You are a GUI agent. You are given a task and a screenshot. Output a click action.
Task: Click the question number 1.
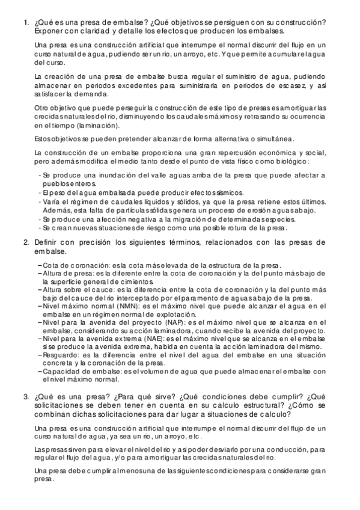coord(25,23)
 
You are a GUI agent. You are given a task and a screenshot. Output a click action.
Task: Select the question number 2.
coord(25,242)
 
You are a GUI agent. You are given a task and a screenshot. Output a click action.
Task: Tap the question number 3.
coord(25,397)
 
